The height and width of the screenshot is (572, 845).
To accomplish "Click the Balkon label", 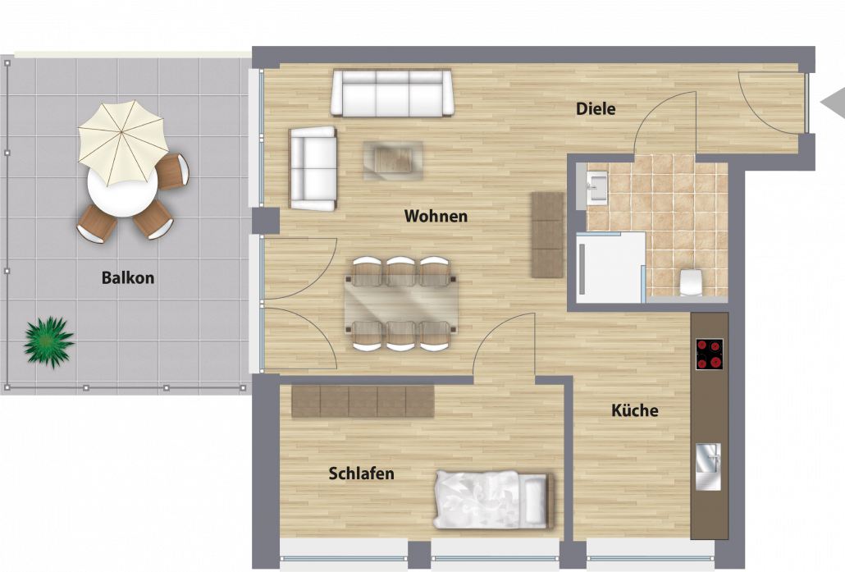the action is click(128, 277).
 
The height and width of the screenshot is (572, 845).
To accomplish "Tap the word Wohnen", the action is click(436, 216).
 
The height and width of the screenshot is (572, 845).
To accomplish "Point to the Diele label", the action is click(596, 108).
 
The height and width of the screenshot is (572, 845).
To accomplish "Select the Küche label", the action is click(635, 410).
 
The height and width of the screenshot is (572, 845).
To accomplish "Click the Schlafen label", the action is click(361, 474).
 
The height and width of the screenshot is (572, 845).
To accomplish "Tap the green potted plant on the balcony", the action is click(49, 341).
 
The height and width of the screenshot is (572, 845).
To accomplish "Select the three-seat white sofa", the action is click(392, 93).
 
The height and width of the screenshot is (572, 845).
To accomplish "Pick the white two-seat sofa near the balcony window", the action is click(313, 168).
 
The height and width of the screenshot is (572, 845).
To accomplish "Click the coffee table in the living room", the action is click(393, 160).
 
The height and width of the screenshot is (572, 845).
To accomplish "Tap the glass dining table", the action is click(401, 304).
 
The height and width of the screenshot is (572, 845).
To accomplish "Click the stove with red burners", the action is click(709, 354).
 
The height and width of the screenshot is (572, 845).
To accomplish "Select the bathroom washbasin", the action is click(596, 187).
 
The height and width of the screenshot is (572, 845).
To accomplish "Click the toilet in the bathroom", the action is click(691, 282).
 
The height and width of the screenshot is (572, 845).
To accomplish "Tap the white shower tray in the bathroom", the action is click(610, 268).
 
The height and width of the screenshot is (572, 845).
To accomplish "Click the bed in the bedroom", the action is click(494, 500).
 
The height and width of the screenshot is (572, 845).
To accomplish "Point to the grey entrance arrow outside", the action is click(833, 102).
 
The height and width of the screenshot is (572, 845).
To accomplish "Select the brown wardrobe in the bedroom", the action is click(363, 401).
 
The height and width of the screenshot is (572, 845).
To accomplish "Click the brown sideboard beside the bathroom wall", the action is click(547, 235).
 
